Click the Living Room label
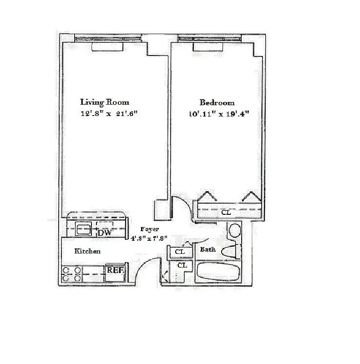pyautogui.click(x=104, y=102)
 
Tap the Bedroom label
pyautogui.click(x=217, y=102)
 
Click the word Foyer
pyautogui.click(x=149, y=229)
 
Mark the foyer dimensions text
pyautogui.click(x=150, y=238)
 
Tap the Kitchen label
pyautogui.click(x=87, y=251)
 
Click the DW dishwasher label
pyautogui.click(x=105, y=233)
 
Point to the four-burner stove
pyautogui.click(x=72, y=273)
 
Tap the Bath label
pyautogui.click(x=208, y=249)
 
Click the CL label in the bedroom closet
pyautogui.click(x=226, y=212)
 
